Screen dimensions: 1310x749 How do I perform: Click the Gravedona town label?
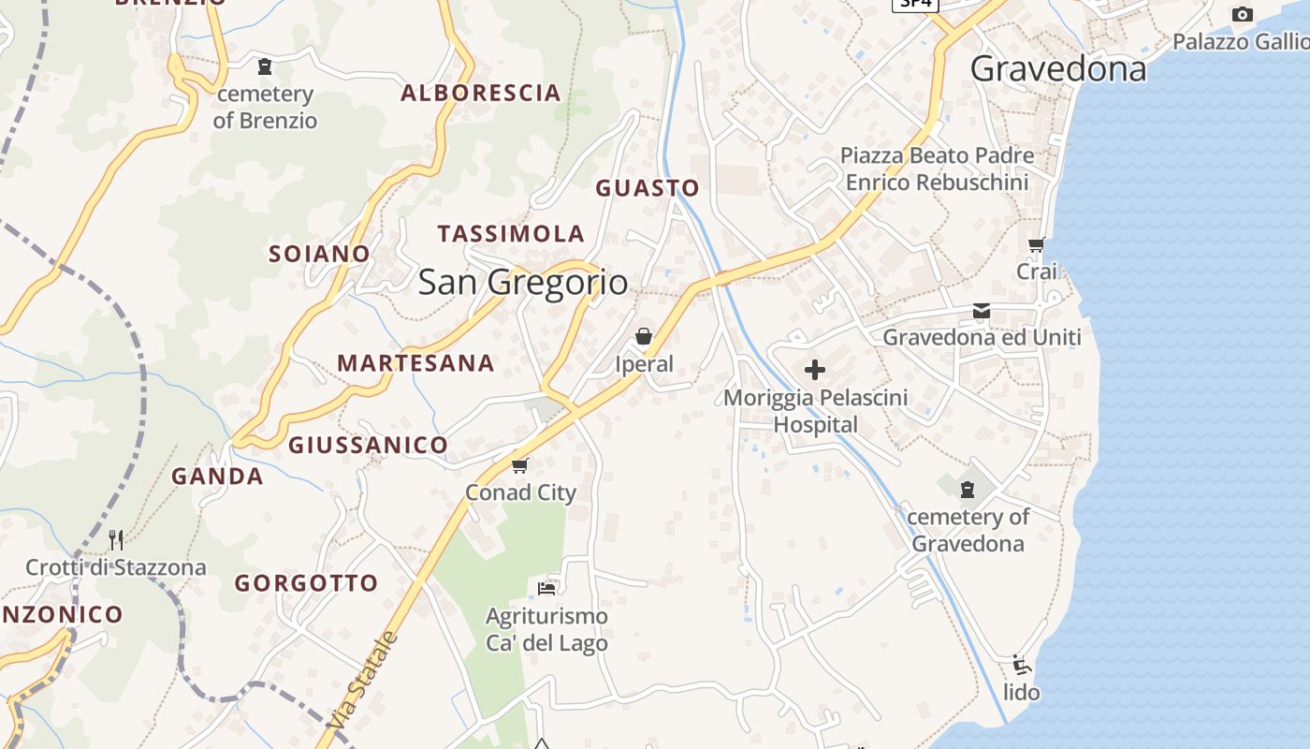coord(1058,69)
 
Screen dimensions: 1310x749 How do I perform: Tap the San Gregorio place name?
coord(522,282)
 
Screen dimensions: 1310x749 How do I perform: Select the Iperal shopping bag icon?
coord(644,336)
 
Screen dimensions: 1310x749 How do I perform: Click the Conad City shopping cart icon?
coord(520,465)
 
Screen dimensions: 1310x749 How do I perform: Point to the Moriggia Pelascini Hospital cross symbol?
coord(815,370)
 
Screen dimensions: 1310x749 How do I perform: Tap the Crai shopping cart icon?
coord(1037,245)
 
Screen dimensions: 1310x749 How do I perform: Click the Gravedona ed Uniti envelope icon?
coord(982,311)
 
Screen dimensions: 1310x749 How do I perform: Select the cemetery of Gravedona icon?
coord(968,489)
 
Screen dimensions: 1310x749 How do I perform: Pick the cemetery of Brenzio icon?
coord(265,66)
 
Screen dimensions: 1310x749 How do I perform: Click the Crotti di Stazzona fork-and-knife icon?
coord(116,539)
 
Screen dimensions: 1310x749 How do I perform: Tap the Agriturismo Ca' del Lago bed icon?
coord(546,588)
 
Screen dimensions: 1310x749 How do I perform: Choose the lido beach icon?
coord(1022,665)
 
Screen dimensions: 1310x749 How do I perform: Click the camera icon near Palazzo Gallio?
coord(1243,14)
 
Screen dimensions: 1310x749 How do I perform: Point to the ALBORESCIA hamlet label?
coord(481,93)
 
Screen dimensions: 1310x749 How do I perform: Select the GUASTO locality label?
coord(648,188)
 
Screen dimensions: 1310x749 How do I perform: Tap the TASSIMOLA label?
coord(511,233)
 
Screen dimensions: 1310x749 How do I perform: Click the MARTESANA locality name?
coord(415,363)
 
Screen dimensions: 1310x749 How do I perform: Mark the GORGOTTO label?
coord(306,583)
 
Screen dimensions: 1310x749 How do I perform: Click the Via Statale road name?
coord(365,681)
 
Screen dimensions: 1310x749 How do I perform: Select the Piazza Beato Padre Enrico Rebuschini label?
coord(937,169)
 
